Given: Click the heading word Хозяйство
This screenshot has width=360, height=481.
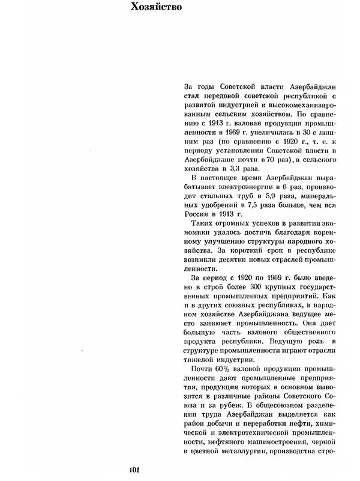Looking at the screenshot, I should point(158,8).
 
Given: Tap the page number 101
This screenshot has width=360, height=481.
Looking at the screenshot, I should point(135,469).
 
